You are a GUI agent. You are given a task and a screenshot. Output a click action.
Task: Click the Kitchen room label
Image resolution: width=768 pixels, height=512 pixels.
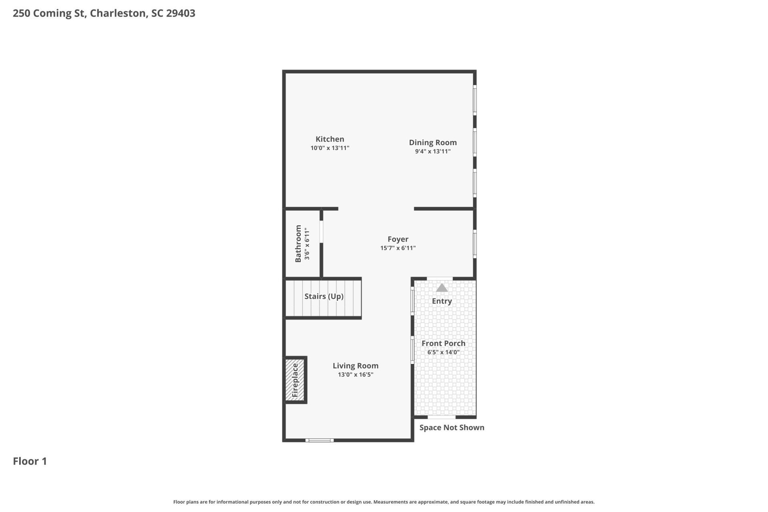(x=330, y=139)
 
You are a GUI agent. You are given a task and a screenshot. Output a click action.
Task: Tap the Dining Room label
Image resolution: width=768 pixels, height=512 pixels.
(x=433, y=142)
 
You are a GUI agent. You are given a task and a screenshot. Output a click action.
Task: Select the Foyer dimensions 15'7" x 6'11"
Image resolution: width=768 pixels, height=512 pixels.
(x=398, y=248)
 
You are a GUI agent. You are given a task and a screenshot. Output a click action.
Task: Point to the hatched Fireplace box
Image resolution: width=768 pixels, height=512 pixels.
(x=295, y=380)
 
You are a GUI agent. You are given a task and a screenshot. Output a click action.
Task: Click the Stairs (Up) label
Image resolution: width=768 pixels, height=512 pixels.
(x=324, y=296)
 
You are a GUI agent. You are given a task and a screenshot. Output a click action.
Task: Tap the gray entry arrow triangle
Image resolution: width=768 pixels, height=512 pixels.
(x=442, y=288)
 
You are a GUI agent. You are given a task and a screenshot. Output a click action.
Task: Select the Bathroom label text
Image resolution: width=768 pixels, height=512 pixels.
(x=298, y=244)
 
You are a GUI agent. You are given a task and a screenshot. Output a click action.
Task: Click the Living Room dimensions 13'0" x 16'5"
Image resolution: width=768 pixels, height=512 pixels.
(x=356, y=375)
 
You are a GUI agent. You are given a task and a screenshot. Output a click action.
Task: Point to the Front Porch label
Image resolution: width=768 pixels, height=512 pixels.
(x=444, y=343)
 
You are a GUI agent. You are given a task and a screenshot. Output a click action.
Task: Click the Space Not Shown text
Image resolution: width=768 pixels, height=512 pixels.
(x=452, y=428)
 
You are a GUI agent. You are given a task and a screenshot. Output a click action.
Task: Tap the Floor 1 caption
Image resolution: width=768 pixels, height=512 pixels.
(x=30, y=461)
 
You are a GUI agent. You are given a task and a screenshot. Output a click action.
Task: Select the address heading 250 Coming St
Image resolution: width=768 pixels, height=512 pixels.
(x=50, y=13)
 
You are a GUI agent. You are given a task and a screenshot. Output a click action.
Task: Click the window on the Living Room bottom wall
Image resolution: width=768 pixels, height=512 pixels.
(x=320, y=440)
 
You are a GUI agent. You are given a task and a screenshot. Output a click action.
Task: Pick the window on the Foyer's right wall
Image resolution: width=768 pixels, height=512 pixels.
(x=475, y=244)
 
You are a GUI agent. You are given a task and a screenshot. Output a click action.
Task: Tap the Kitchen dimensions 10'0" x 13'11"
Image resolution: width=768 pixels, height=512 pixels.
(x=330, y=148)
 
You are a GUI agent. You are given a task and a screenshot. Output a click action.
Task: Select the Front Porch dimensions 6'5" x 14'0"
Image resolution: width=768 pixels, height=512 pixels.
(x=444, y=352)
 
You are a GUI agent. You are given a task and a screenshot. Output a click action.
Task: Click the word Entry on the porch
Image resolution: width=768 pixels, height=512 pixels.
(x=442, y=301)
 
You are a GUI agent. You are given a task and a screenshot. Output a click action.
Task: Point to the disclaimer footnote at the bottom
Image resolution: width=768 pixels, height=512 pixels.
(x=384, y=502)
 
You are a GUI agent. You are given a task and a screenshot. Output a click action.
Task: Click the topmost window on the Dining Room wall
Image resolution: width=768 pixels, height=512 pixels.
(x=475, y=100)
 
